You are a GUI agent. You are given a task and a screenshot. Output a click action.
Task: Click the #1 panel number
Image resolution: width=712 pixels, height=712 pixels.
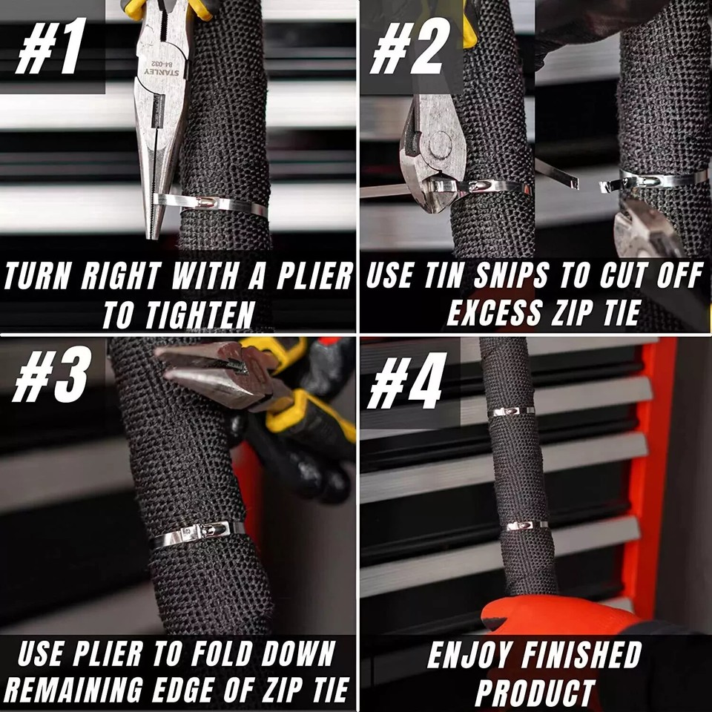(51, 46)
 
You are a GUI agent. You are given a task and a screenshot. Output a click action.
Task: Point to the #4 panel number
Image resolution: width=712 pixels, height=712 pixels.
(406, 380)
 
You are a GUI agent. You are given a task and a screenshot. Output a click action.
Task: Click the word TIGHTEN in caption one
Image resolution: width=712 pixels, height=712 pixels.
(200, 315)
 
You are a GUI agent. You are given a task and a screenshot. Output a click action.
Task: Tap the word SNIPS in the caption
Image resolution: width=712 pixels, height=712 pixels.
(511, 275)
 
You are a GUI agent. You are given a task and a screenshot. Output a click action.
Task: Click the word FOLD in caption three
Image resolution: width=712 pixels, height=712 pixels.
(222, 654)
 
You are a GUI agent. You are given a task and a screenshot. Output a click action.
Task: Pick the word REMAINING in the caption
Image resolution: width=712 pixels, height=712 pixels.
(74, 690)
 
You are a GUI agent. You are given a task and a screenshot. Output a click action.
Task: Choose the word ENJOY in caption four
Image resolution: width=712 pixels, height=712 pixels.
(470, 655)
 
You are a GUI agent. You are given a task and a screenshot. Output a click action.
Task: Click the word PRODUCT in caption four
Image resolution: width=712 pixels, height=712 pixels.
(535, 693)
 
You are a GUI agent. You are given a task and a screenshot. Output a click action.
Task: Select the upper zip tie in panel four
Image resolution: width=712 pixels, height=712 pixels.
(511, 412)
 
